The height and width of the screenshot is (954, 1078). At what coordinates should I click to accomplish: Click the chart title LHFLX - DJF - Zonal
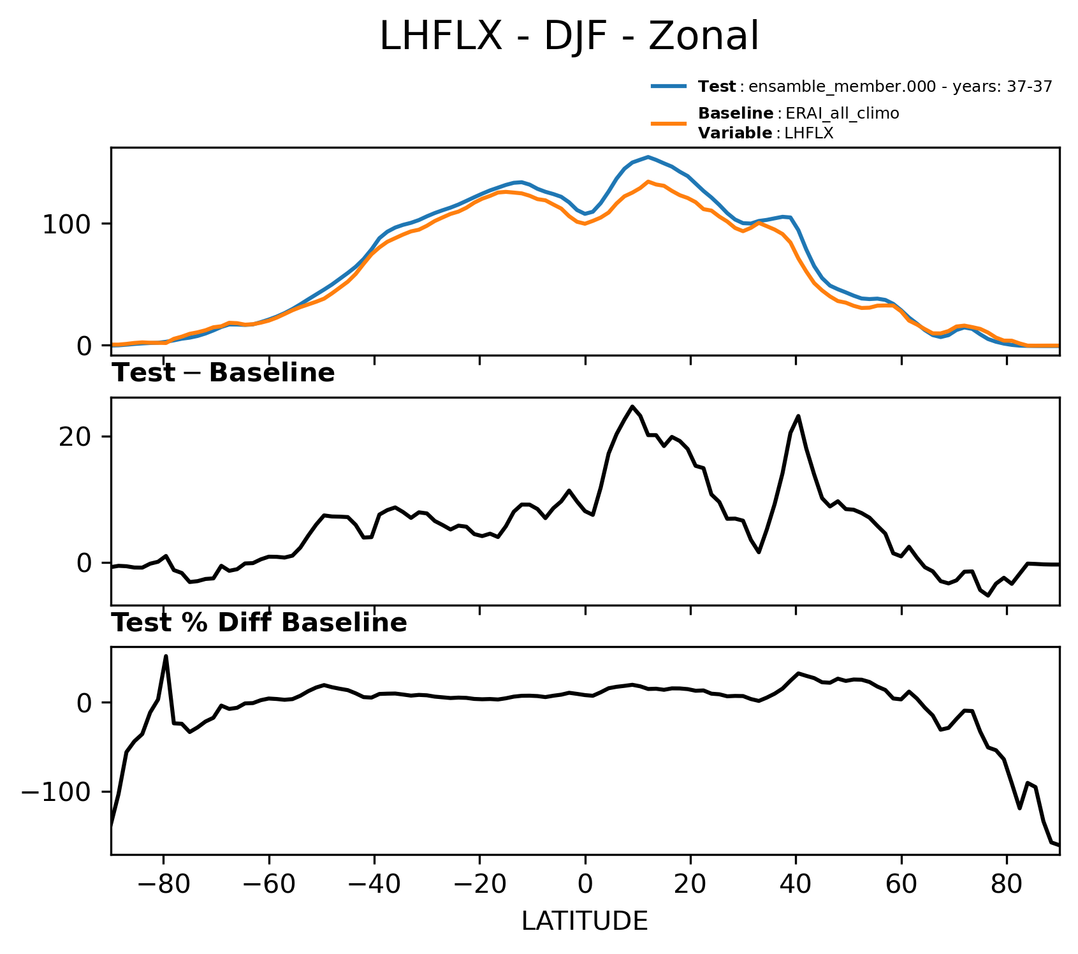coord(569,36)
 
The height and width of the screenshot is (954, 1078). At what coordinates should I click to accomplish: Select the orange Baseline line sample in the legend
coord(669,123)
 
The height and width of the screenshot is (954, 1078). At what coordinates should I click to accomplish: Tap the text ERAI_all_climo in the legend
coord(842,114)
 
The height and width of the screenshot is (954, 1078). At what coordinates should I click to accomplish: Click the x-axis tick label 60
coord(901,886)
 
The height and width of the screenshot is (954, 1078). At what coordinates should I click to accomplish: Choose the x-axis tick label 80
coord(1007,886)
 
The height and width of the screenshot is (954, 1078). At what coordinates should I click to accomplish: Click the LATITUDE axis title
coord(585,921)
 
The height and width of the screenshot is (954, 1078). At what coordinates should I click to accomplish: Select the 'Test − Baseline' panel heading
coord(223,373)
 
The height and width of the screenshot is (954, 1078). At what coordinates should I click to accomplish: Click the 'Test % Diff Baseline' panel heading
coord(259,623)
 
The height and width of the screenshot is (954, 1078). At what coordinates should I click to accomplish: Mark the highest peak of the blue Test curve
coord(648,157)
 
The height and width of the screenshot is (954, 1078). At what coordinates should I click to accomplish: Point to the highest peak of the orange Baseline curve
coord(648,182)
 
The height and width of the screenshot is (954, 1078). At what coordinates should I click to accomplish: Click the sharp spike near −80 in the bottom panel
coord(166,656)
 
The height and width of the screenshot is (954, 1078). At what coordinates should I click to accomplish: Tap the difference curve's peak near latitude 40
coord(798,416)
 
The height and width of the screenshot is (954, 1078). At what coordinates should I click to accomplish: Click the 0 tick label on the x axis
coord(585,886)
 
